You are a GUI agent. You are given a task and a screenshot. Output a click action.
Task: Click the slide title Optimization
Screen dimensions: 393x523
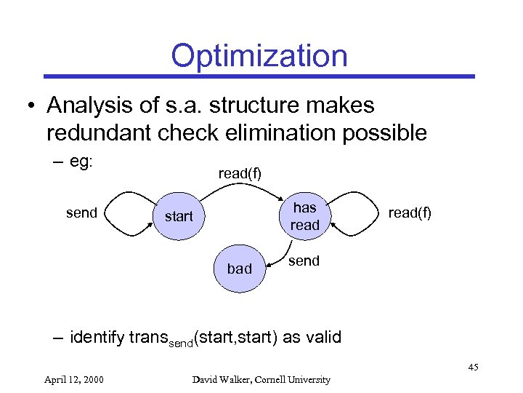coord(259,55)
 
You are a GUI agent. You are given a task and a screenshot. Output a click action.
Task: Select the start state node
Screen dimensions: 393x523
coord(179,216)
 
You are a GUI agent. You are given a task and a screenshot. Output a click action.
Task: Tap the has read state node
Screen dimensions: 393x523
coord(304,216)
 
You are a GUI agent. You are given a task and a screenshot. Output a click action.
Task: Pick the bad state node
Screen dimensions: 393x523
coord(240,269)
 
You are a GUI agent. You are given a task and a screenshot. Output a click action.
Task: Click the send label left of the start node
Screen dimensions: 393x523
coord(81,213)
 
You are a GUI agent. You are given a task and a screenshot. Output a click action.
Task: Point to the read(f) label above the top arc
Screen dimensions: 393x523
coord(240,173)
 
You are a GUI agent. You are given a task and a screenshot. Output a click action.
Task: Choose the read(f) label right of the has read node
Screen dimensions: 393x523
coord(409,213)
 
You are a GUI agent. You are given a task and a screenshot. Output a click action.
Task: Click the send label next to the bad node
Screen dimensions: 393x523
coord(304,261)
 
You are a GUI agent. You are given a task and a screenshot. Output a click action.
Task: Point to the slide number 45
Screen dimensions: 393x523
coord(472,367)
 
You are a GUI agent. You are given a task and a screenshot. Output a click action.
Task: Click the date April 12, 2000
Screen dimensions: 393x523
coord(73,379)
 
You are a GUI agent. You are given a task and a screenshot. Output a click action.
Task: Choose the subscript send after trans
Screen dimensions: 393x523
coord(181,342)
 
